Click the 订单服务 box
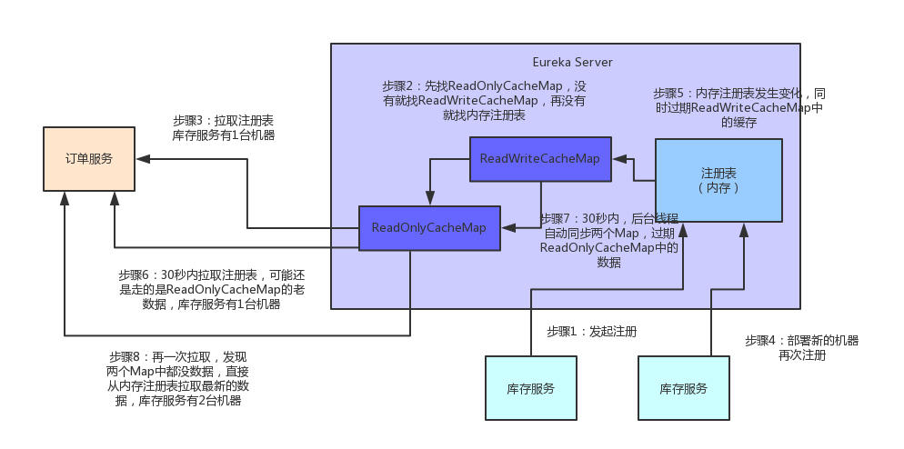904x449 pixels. [89, 159]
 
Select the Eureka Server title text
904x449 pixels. [572, 62]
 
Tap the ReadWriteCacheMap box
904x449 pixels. [540, 159]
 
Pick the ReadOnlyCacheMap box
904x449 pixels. [428, 227]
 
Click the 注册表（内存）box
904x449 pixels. [718, 180]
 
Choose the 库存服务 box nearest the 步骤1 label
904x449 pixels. [530, 388]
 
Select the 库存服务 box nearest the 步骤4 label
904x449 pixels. [684, 388]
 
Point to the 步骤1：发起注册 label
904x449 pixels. [591, 332]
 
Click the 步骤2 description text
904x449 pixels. [484, 101]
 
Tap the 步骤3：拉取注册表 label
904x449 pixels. [224, 128]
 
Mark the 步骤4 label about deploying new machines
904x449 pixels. [801, 347]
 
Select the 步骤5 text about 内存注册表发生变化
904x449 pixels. [738, 107]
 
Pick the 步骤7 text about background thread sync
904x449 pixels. [608, 241]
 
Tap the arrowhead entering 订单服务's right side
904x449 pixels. [142, 159]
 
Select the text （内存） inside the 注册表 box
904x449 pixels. [718, 188]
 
